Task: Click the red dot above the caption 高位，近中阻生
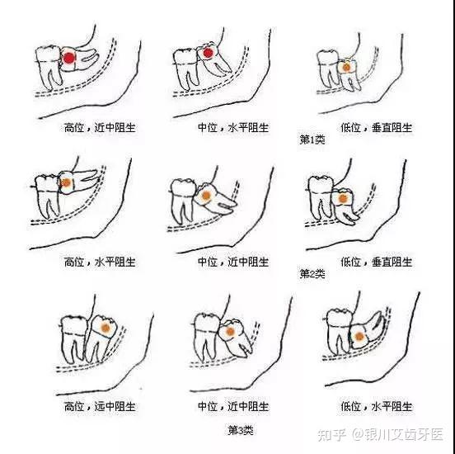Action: [69, 58]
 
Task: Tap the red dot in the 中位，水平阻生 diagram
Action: [208, 53]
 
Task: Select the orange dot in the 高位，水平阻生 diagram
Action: [66, 182]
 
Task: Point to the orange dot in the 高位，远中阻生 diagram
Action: [106, 328]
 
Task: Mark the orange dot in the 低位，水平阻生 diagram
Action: [359, 337]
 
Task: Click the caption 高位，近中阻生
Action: [100, 128]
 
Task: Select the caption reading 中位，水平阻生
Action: [233, 128]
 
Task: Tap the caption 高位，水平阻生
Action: [100, 262]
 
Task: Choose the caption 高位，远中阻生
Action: [100, 406]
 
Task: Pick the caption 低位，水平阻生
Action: [377, 406]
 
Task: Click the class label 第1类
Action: [312, 140]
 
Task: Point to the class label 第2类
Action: [312, 273]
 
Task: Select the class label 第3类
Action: [241, 430]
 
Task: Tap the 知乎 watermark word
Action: [332, 435]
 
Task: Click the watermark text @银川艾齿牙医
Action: [397, 435]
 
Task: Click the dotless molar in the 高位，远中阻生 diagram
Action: [74, 339]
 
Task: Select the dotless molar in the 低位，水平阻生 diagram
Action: [340, 330]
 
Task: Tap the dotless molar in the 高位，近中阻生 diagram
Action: [49, 67]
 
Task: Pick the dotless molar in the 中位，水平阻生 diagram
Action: [185, 69]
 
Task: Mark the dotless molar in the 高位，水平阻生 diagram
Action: [48, 196]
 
